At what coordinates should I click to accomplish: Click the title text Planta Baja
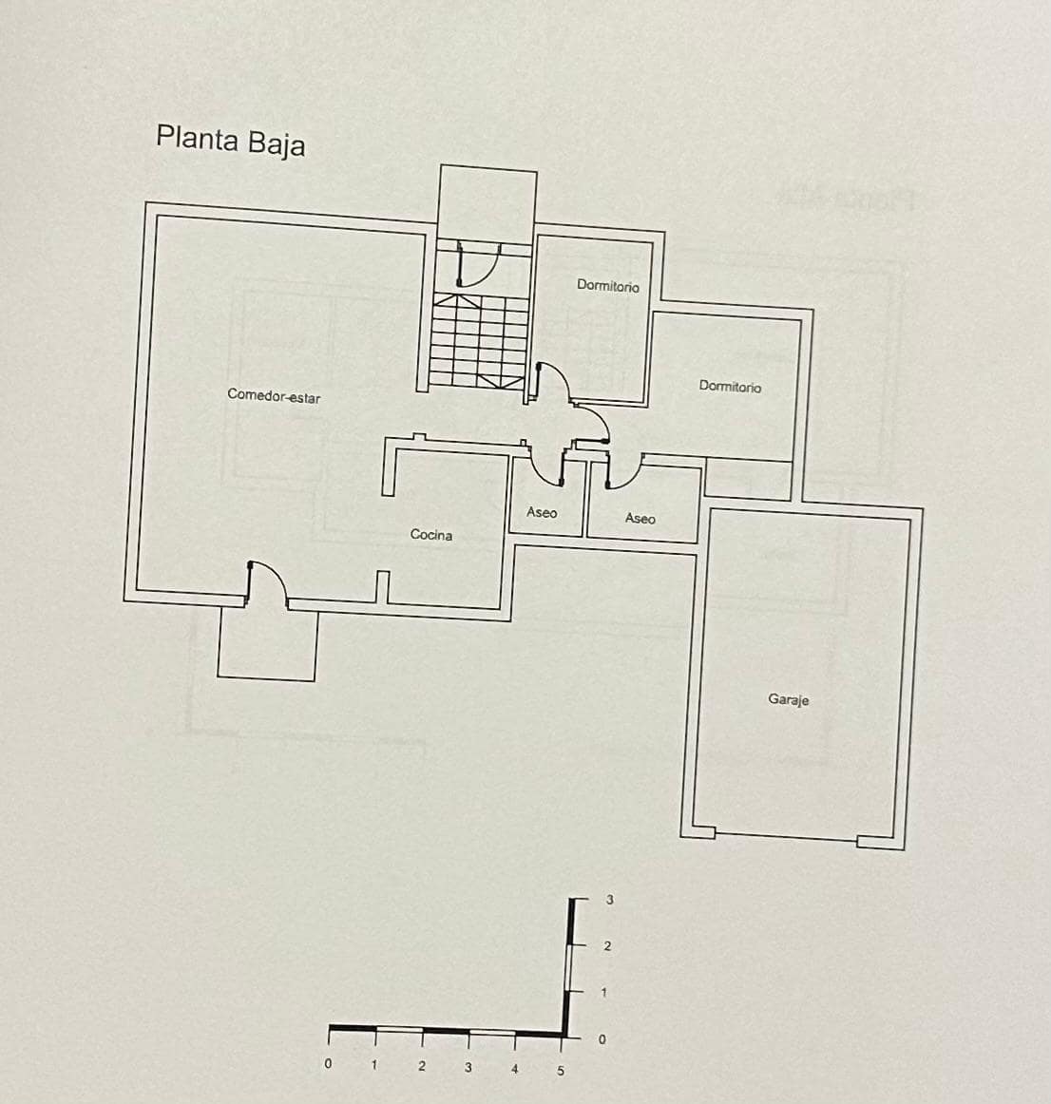tap(230, 141)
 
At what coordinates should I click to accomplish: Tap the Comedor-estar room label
tap(274, 395)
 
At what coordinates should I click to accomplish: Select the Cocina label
tap(430, 535)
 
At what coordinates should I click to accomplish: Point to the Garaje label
tap(788, 699)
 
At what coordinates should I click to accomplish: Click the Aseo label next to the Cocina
tap(542, 512)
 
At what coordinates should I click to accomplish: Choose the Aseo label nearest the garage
tap(640, 518)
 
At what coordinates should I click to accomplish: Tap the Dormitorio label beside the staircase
tap(608, 285)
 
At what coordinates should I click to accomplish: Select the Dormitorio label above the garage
tap(730, 386)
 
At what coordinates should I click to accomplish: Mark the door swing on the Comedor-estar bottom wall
tap(267, 581)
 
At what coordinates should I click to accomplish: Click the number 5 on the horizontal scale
tap(560, 1070)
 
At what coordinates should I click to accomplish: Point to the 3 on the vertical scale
tap(610, 899)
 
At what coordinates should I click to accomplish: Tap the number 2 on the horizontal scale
tap(421, 1066)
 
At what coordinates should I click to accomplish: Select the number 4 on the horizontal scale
tap(514, 1069)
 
